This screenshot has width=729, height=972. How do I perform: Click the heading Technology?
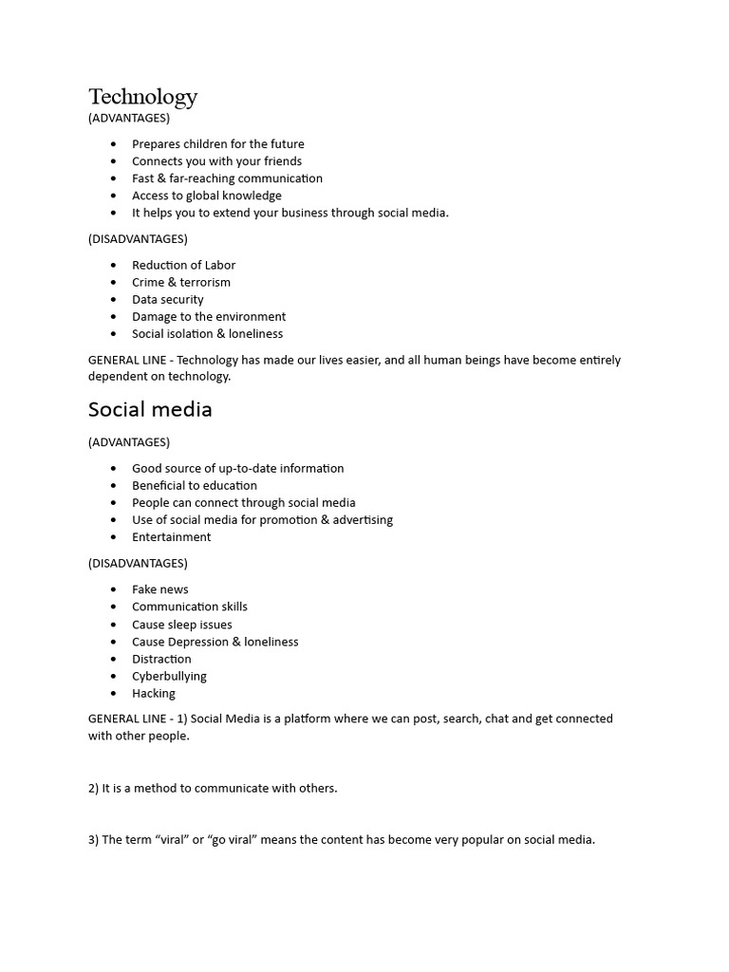(142, 97)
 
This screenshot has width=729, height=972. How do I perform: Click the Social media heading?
(150, 410)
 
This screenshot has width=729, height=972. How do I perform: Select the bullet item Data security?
(167, 300)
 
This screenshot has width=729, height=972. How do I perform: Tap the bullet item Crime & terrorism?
(180, 283)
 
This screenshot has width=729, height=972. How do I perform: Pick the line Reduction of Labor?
(183, 266)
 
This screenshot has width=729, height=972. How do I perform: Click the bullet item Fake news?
(159, 589)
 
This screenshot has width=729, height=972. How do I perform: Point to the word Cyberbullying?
(169, 677)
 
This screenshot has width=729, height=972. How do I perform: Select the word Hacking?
(153, 694)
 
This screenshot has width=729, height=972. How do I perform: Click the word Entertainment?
(171, 537)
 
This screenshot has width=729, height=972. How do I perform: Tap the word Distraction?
(161, 660)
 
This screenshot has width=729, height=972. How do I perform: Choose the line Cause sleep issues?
(181, 626)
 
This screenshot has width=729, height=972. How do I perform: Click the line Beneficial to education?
(194, 486)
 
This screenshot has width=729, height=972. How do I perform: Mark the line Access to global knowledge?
(206, 196)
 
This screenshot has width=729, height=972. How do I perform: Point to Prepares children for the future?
(217, 144)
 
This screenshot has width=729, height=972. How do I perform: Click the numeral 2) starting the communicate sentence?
(93, 789)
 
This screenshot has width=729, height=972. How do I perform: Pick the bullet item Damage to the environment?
(208, 317)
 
